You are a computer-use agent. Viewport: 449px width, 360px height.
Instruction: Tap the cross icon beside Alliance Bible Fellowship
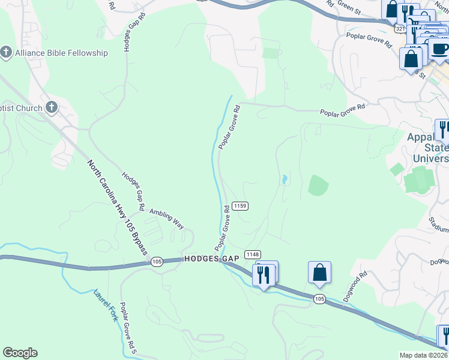[x=7, y=53]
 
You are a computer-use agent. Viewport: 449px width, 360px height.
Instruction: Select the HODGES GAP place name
[x=211, y=258]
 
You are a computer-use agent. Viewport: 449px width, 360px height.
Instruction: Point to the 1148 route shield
[x=253, y=254]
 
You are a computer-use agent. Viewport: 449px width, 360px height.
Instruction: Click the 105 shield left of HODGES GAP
[x=157, y=261]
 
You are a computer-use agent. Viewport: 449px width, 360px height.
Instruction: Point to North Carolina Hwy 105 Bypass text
[x=117, y=206]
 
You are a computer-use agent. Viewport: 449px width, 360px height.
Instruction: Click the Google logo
[x=20, y=353]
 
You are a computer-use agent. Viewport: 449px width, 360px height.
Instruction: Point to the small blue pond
[x=283, y=179]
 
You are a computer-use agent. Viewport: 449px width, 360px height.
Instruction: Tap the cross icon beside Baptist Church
[x=52, y=108]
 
